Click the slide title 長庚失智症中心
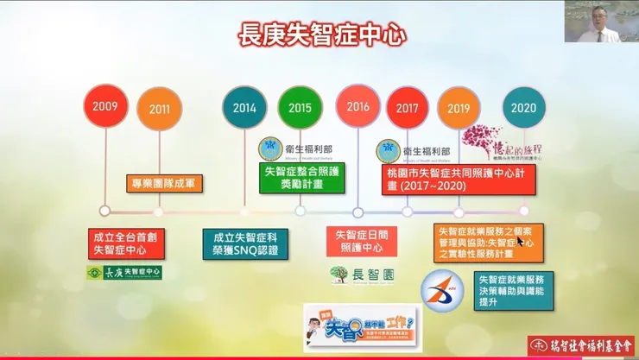pyautogui.click(x=321, y=35)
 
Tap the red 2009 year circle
pyautogui.click(x=105, y=106)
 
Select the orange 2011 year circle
pyautogui.click(x=160, y=110)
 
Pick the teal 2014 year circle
pyautogui.click(x=244, y=109)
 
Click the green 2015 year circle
pyautogui.click(x=301, y=108)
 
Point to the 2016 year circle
pyautogui.click(x=357, y=107)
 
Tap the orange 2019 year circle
pyautogui.click(x=459, y=109)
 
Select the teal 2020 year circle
pyautogui.click(x=523, y=109)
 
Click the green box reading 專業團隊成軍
pyautogui.click(x=160, y=182)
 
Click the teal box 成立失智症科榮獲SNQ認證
pyautogui.click(x=245, y=243)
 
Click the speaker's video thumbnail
pyautogui.click(x=600, y=22)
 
